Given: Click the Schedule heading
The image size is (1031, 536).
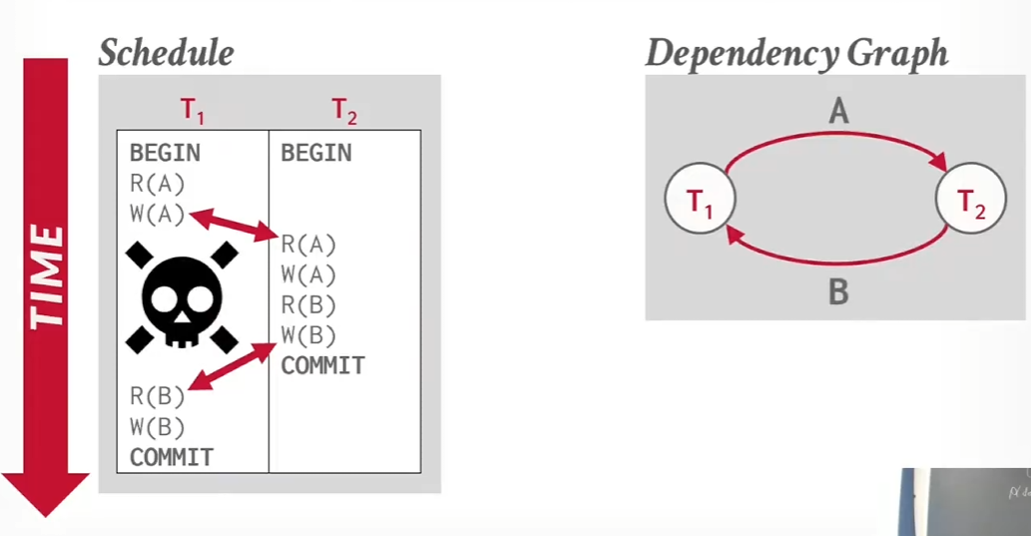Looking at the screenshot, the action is pos(167,53).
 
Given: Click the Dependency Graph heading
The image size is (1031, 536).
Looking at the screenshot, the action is pos(796,53).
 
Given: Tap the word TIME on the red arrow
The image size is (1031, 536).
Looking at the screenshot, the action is pos(46,276).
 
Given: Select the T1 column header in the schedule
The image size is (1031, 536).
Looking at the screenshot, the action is pos(192,111).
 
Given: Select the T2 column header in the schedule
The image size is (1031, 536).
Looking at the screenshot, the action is pos(344,111).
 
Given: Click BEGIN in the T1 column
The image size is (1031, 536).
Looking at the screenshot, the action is pos(165,154).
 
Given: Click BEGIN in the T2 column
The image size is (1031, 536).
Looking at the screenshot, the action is pos(316,154).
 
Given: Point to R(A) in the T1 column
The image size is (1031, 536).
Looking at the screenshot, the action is pos(157,184).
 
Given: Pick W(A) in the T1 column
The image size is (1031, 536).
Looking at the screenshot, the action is pos(157,215).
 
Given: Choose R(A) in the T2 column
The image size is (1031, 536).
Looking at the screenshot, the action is pos(308,245).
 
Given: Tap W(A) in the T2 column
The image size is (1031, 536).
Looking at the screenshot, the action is pos(308,274).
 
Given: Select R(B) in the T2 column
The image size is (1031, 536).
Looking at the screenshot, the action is pos(308,305).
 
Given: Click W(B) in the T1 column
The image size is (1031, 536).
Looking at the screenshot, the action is pos(157,427).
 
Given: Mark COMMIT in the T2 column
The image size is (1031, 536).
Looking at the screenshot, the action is pos(322,365).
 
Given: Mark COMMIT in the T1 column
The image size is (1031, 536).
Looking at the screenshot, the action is pos(172,457).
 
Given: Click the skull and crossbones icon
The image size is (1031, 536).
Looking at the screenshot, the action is pos(182,297).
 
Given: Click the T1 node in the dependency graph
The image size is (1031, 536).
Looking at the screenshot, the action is pos(700,199).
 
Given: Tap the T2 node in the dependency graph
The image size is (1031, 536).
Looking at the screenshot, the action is pos(970,199).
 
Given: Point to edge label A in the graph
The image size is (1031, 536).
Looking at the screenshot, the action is pos(838,111).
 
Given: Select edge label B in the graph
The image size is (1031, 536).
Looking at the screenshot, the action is pos(838,291).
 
